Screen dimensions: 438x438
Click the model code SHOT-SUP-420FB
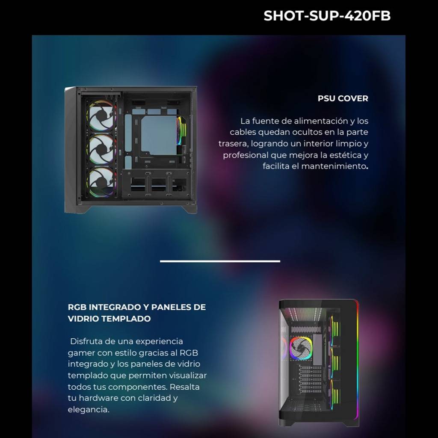pyautogui.click(x=327, y=16)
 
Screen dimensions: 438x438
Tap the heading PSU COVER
pyautogui.click(x=343, y=98)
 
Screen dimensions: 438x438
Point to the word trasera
pyautogui.click(x=234, y=144)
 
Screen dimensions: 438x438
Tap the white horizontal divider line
pyautogui.click(x=220, y=261)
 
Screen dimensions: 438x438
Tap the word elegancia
pyautogui.click(x=89, y=410)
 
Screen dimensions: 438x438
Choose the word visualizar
pyautogui.click(x=187, y=376)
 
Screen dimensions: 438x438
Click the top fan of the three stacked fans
pyautogui.click(x=101, y=115)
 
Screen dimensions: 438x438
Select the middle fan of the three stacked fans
pyautogui.click(x=101, y=149)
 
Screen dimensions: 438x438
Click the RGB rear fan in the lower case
pyautogui.click(x=301, y=348)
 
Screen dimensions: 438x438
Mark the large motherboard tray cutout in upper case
pyautogui.click(x=159, y=136)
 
